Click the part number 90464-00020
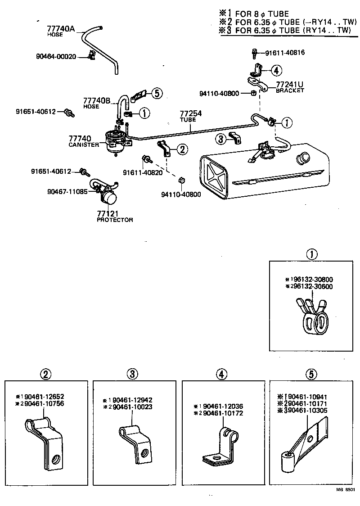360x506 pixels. click(56, 56)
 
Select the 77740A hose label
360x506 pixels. click(60, 30)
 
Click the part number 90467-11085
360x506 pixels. click(66, 191)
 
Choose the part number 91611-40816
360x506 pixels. click(285, 53)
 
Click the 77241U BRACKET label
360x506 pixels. click(290, 86)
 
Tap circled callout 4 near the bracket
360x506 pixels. click(276, 70)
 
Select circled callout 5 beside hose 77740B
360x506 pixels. click(155, 93)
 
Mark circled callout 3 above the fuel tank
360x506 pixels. click(220, 139)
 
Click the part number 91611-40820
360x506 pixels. click(142, 173)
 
